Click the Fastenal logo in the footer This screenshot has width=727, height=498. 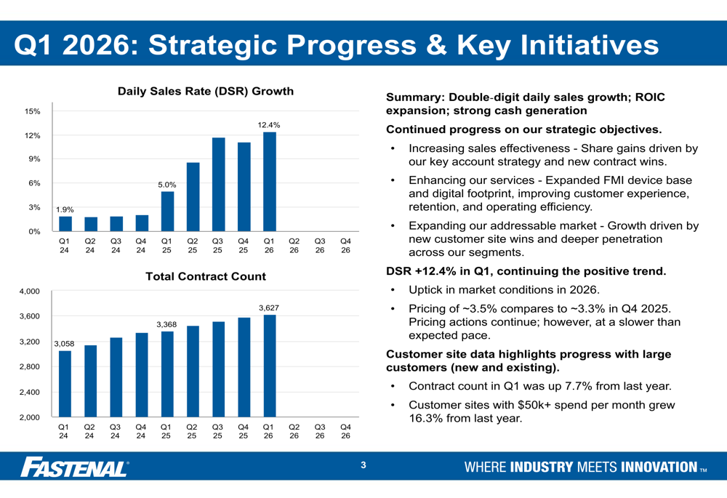[x=74, y=467]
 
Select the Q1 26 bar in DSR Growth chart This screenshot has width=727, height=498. [x=270, y=182]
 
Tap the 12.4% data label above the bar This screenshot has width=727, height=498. [x=269, y=126]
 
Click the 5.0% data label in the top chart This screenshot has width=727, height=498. [x=167, y=185]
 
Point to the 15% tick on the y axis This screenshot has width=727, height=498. [x=32, y=112]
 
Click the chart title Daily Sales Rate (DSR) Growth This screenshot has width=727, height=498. [x=206, y=92]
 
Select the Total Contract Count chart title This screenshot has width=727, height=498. [x=206, y=277]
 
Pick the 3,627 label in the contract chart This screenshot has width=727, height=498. [x=269, y=308]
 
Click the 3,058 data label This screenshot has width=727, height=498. [x=64, y=343]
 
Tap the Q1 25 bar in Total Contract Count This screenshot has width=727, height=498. [x=167, y=374]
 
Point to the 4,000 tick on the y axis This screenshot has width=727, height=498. [x=30, y=292]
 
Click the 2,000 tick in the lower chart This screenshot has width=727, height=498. [x=30, y=417]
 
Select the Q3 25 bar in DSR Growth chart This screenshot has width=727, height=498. [x=218, y=185]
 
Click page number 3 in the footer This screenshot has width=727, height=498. [x=363, y=466]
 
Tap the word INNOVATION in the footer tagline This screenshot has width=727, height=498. [x=659, y=467]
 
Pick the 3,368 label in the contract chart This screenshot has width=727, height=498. [x=167, y=324]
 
